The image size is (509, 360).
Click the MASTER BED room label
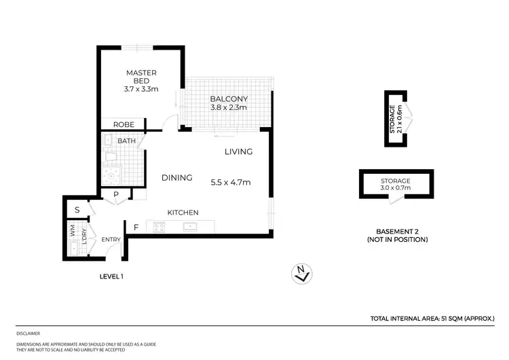tap(141, 77)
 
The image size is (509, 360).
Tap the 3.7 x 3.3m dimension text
tap(141, 89)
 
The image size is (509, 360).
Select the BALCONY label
tap(227, 98)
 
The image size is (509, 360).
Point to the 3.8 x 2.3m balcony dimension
tap(227, 107)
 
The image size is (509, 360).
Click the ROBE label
tap(123, 124)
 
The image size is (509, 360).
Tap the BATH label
tap(127, 141)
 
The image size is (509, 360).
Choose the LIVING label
tap(238, 151)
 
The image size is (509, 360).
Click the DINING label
tap(176, 178)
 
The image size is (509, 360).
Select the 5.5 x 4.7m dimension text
tap(231, 182)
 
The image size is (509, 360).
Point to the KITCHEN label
tap(183, 213)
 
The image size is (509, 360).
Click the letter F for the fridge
tap(136, 228)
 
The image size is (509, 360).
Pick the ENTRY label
tap(111, 240)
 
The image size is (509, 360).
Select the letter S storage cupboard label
tap(77, 211)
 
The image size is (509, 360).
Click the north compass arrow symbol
tap(303, 273)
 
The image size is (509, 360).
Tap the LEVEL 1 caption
tap(111, 276)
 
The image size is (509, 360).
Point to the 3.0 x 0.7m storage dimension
tap(395, 189)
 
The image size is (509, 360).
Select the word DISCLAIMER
tap(29, 334)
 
